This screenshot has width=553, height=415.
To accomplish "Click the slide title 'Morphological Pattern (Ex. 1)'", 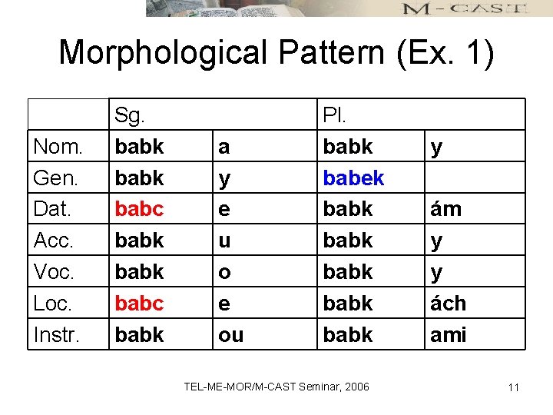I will [276, 53].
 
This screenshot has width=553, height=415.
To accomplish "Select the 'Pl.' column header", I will [334, 115].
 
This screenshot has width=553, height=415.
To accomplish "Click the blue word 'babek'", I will [353, 178].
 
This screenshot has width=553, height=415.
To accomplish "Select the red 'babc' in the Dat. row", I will [139, 209].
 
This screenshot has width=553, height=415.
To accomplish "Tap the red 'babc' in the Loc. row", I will [139, 304].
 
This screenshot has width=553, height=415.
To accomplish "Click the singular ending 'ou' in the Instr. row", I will [230, 335].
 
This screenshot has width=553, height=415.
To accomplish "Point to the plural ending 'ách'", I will [448, 304].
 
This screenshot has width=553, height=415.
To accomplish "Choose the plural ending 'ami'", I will [448, 335].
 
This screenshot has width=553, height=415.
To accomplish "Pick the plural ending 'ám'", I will [445, 209].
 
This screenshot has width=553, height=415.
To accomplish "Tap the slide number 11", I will [513, 387].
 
